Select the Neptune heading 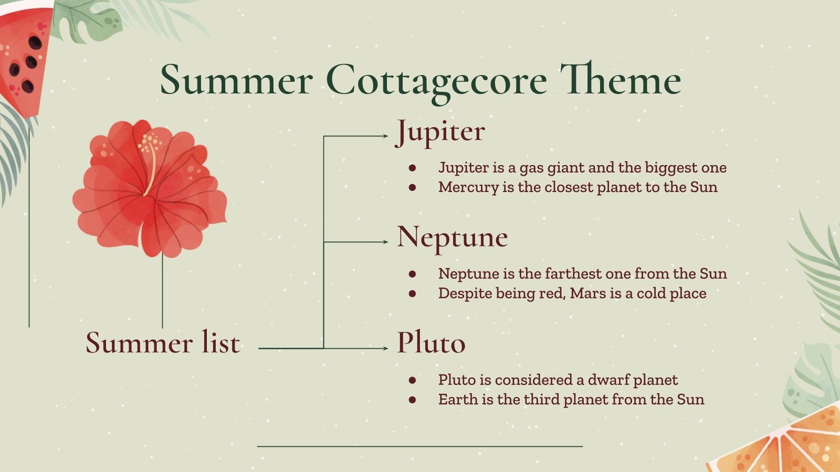452,237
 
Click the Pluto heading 430,343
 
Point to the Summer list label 163,343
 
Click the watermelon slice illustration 24,58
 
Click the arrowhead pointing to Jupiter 384,136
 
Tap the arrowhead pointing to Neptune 384,242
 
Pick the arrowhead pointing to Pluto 384,348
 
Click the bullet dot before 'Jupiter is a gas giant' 412,168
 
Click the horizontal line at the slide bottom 420,446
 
